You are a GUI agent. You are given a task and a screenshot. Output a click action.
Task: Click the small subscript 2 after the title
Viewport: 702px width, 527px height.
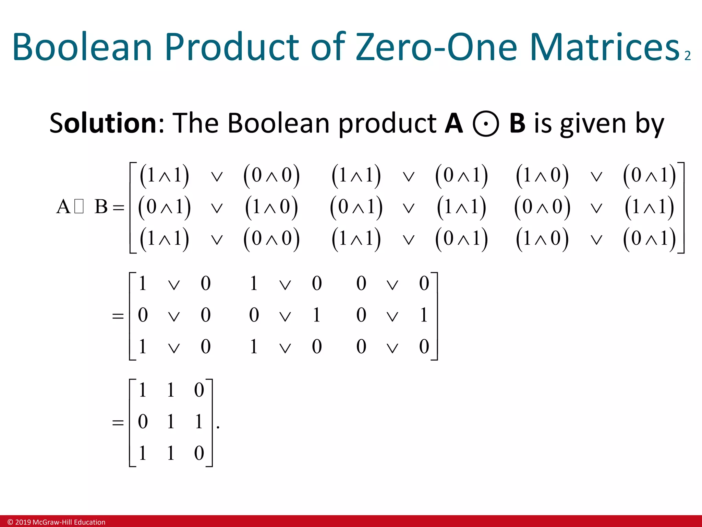[687, 56]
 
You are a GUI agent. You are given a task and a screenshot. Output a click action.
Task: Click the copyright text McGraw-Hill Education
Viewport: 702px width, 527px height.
[57, 522]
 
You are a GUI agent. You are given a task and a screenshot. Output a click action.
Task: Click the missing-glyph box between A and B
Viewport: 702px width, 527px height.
[79, 207]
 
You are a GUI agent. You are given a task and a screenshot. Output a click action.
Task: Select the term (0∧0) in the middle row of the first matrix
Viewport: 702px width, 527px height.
[542, 207]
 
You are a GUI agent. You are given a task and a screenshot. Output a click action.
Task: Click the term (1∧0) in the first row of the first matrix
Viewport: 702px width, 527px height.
[542, 176]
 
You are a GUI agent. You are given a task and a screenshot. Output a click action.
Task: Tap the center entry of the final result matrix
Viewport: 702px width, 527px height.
[171, 421]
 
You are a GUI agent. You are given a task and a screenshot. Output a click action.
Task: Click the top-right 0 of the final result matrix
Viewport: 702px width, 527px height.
[199, 390]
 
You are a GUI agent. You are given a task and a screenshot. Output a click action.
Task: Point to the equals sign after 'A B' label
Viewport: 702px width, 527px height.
[119, 208]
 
